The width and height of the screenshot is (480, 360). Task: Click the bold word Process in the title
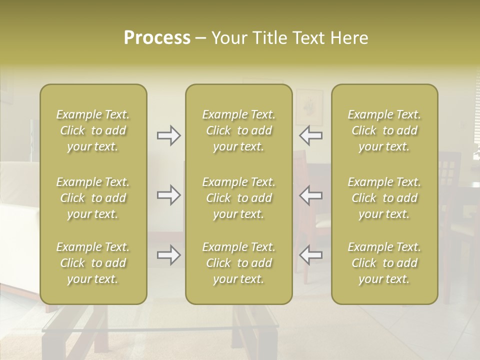pyautogui.click(x=157, y=38)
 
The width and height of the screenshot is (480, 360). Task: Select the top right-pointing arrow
pyautogui.click(x=168, y=135)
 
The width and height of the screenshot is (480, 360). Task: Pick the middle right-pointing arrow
pyautogui.click(x=168, y=195)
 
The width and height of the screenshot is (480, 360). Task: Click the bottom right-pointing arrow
pyautogui.click(x=168, y=255)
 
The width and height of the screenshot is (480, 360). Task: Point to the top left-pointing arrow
pyautogui.click(x=310, y=135)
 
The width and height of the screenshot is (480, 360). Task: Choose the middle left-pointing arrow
pyautogui.click(x=310, y=195)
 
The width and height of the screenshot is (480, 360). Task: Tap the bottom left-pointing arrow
pyautogui.click(x=310, y=255)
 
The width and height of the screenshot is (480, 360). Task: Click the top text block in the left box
pyautogui.click(x=93, y=130)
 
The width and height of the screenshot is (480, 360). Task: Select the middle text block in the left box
pyautogui.click(x=93, y=198)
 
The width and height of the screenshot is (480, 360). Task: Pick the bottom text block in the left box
pyautogui.click(x=93, y=263)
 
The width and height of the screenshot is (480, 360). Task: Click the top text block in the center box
pyautogui.click(x=238, y=130)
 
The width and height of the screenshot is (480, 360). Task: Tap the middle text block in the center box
pyautogui.click(x=238, y=198)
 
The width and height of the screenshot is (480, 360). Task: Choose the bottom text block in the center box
pyautogui.click(x=238, y=263)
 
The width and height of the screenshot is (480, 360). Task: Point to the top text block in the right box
pyautogui.click(x=384, y=130)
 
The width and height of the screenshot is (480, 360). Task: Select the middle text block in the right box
pyautogui.click(x=384, y=198)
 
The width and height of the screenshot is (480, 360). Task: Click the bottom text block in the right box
pyautogui.click(x=384, y=263)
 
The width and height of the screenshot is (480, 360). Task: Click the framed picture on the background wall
pyautogui.click(x=309, y=106)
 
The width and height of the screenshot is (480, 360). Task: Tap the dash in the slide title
pyautogui.click(x=201, y=38)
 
